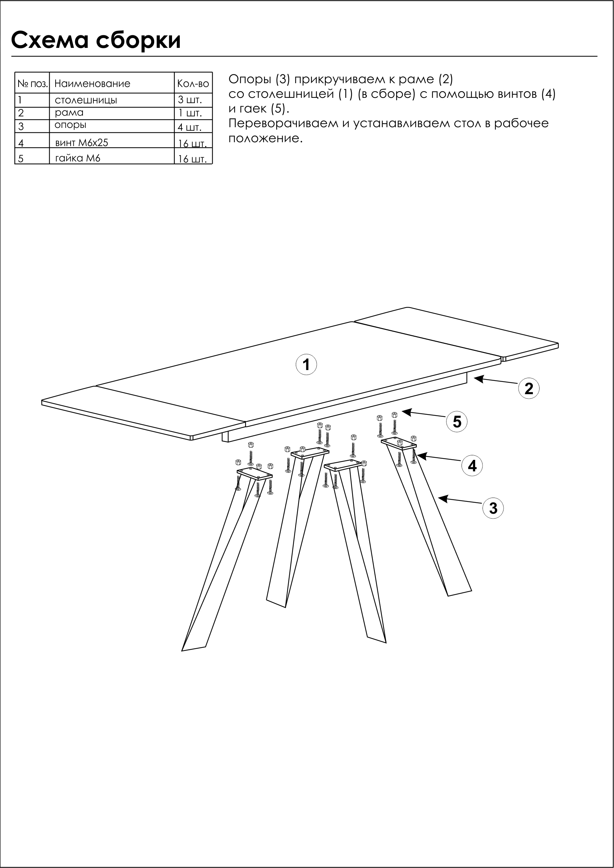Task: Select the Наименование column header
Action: [x=92, y=84]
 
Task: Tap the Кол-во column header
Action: [x=193, y=84]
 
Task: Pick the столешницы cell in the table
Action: [x=86, y=100]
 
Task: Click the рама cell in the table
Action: [x=69, y=113]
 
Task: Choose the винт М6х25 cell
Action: [x=82, y=143]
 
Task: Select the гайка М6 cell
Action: [x=78, y=158]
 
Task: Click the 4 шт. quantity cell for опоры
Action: [x=190, y=127]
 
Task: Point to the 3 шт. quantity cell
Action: [x=190, y=100]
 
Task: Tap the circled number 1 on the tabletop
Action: [x=306, y=364]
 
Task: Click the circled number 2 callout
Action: [x=528, y=388]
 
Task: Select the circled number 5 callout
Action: [x=457, y=421]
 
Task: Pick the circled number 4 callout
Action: [x=472, y=465]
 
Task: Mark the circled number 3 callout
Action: [x=493, y=508]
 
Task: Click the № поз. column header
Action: [x=33, y=84]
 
